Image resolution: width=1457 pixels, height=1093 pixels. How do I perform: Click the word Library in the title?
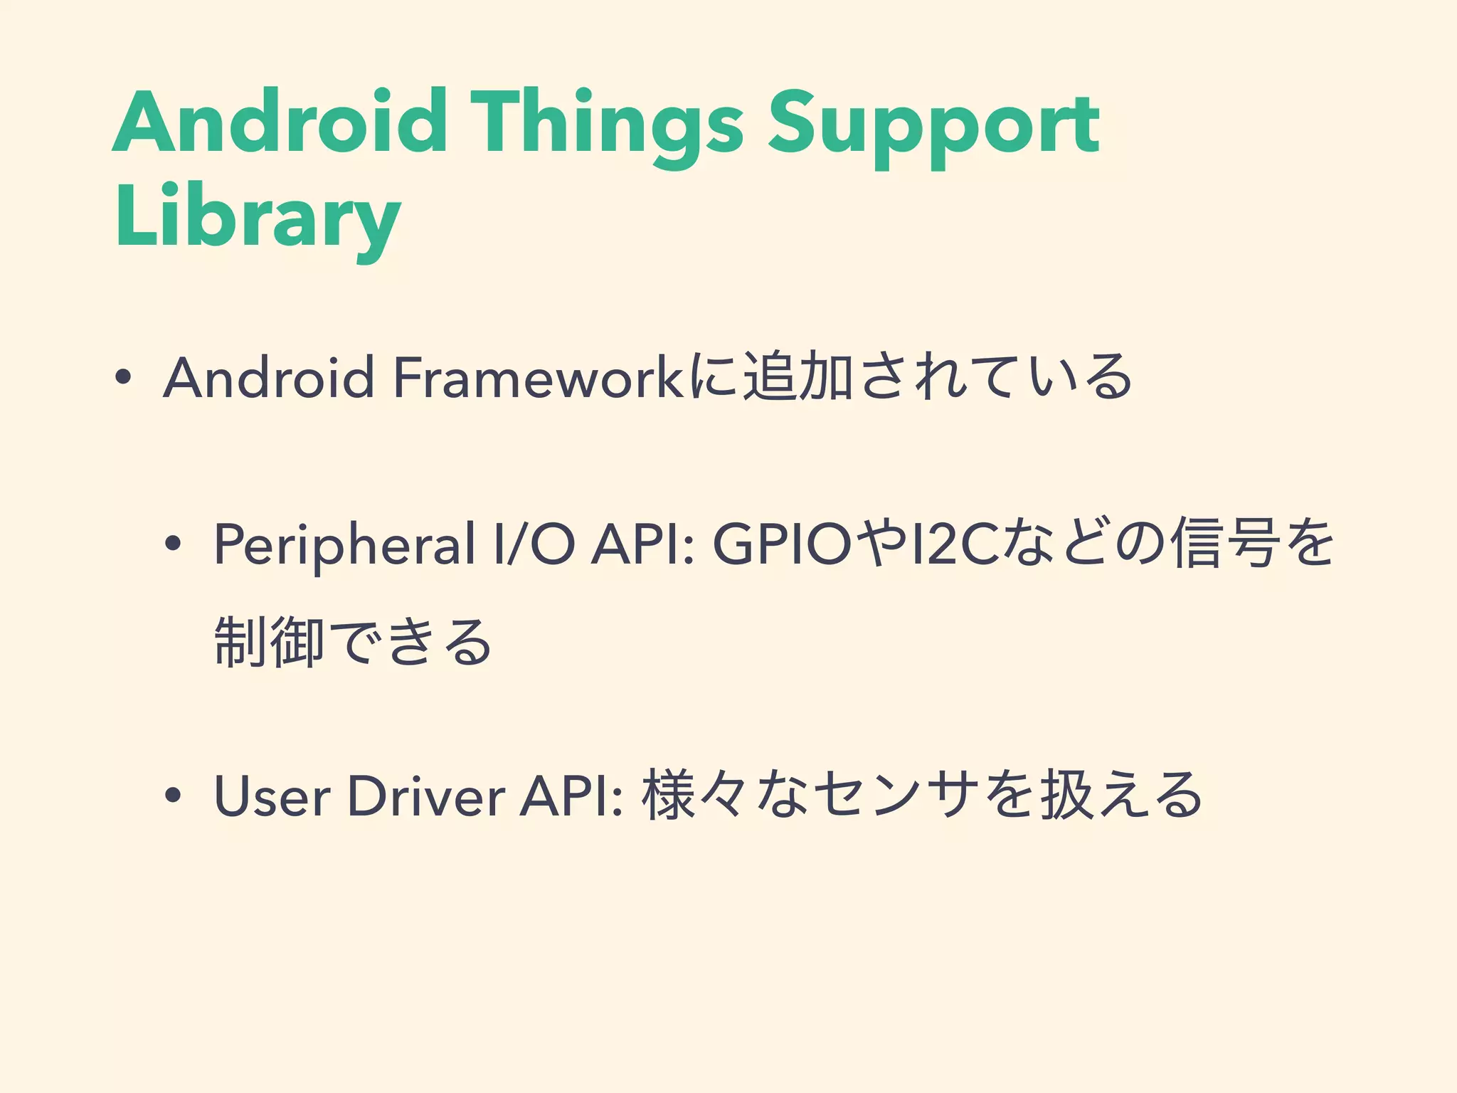258,218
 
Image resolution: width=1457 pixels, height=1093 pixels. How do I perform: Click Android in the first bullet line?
269,378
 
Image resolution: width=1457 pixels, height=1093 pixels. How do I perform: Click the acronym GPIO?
783,545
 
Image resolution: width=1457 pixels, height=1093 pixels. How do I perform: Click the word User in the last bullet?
272,796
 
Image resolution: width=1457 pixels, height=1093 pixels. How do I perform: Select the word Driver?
426,796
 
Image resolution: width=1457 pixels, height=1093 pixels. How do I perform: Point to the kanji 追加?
798,376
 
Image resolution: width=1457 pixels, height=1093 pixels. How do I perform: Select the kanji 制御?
269,642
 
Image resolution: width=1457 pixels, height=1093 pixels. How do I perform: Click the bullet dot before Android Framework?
123,378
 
